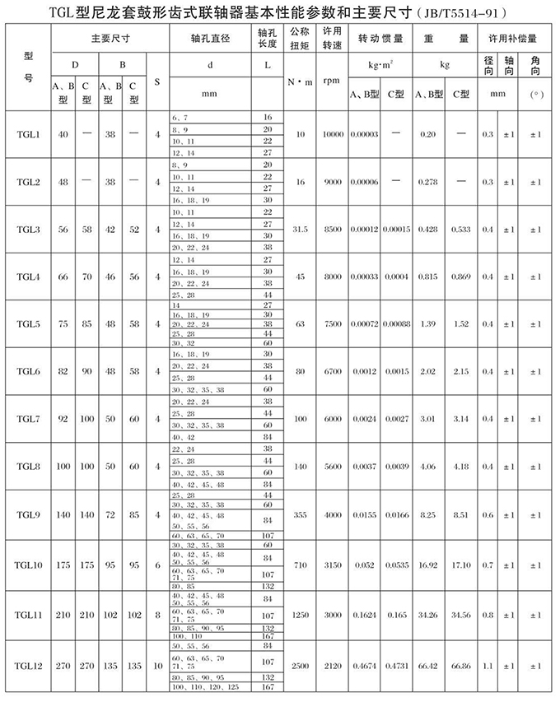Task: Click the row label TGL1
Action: [x=28, y=134]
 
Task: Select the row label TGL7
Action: [x=28, y=419]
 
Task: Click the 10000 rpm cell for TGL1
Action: [x=332, y=134]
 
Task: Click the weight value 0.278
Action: [x=427, y=181]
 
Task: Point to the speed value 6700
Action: [x=332, y=371]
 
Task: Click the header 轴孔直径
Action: [x=211, y=39]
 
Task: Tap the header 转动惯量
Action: [x=380, y=39]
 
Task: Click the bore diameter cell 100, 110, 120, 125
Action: [x=206, y=686]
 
